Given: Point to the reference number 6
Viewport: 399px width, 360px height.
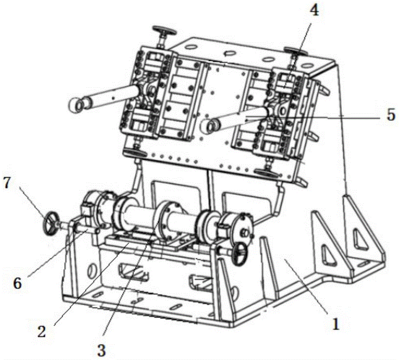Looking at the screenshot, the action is tap(18, 283).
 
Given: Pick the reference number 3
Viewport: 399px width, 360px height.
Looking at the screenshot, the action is tap(101, 351).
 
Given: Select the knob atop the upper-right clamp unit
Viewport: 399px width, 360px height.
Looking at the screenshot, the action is tap(295, 51).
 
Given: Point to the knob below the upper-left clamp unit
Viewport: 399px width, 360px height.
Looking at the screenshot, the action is tap(135, 153).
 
